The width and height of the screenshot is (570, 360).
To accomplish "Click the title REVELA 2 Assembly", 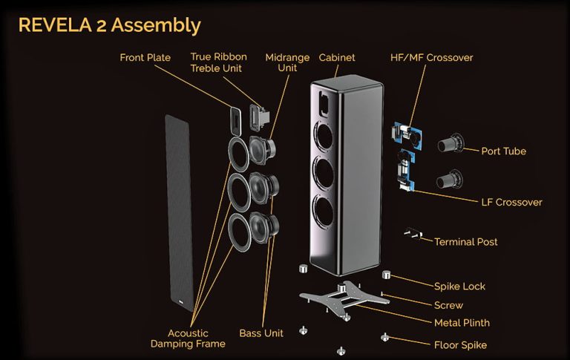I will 109,25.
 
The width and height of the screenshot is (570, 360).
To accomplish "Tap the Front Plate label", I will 145,58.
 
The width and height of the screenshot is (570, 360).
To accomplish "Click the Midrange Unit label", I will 284,62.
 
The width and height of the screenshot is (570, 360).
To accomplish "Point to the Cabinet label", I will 338,57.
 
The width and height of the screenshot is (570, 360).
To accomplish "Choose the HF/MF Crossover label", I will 431,57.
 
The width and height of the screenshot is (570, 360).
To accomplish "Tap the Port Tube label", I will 503,151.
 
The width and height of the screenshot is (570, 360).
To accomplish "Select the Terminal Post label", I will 465,242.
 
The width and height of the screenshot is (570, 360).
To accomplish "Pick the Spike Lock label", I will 460,286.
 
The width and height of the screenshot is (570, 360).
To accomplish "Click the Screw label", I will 448,305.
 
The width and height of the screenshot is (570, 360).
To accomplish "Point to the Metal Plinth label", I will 462,324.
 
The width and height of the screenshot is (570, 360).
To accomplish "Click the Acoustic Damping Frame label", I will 189,339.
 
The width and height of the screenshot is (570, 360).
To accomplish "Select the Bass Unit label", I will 261,333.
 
